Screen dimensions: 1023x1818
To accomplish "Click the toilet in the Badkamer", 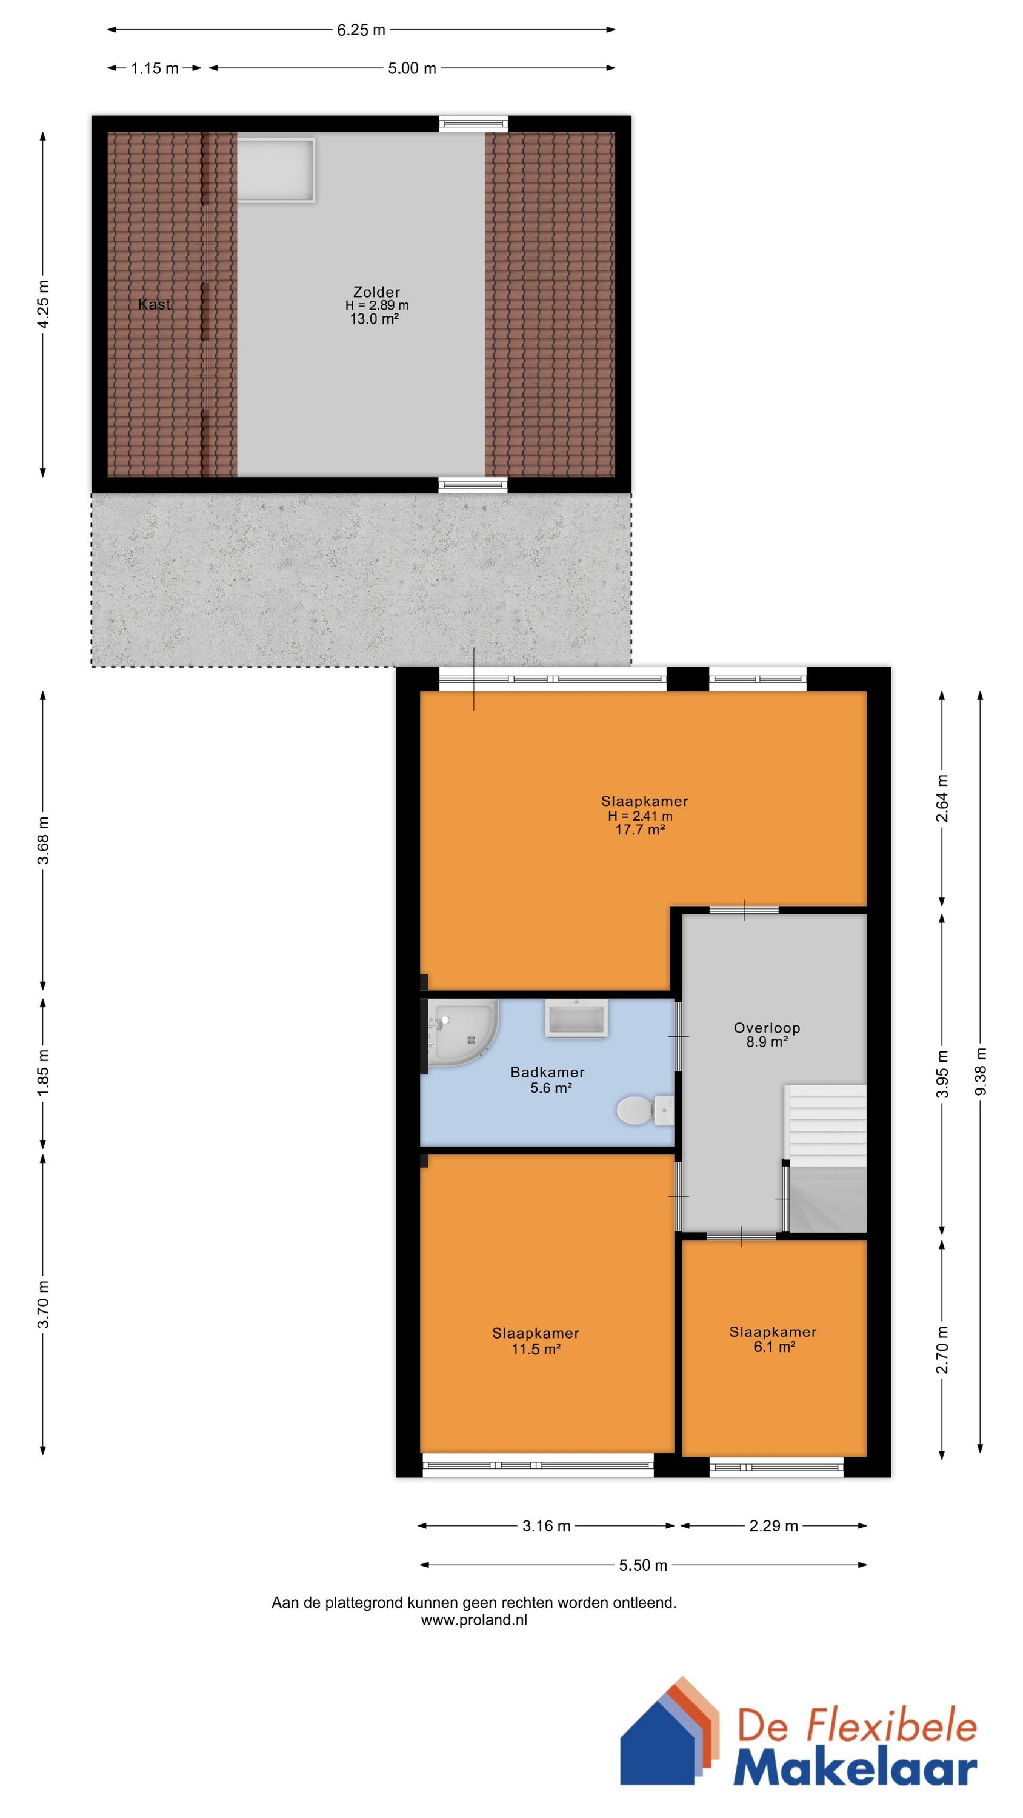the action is coord(645,1110).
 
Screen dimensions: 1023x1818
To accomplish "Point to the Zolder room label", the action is coord(376,291).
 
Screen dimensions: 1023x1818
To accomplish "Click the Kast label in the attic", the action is coord(154,304).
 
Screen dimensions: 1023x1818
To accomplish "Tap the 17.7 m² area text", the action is coord(639,830).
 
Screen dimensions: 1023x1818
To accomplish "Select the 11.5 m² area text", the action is coord(536,1350).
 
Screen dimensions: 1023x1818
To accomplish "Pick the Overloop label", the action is coord(767,1028).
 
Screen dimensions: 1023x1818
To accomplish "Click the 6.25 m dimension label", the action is coord(361,30).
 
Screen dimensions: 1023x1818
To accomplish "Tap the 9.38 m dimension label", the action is coord(980,1071).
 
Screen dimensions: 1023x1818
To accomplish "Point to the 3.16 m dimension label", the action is coord(545,1526).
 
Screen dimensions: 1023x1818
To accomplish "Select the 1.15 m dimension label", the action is coord(155,68).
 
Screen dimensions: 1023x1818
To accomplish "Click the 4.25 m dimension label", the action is coord(44,304).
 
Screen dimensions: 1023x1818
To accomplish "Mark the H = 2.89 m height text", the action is coord(377,305).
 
